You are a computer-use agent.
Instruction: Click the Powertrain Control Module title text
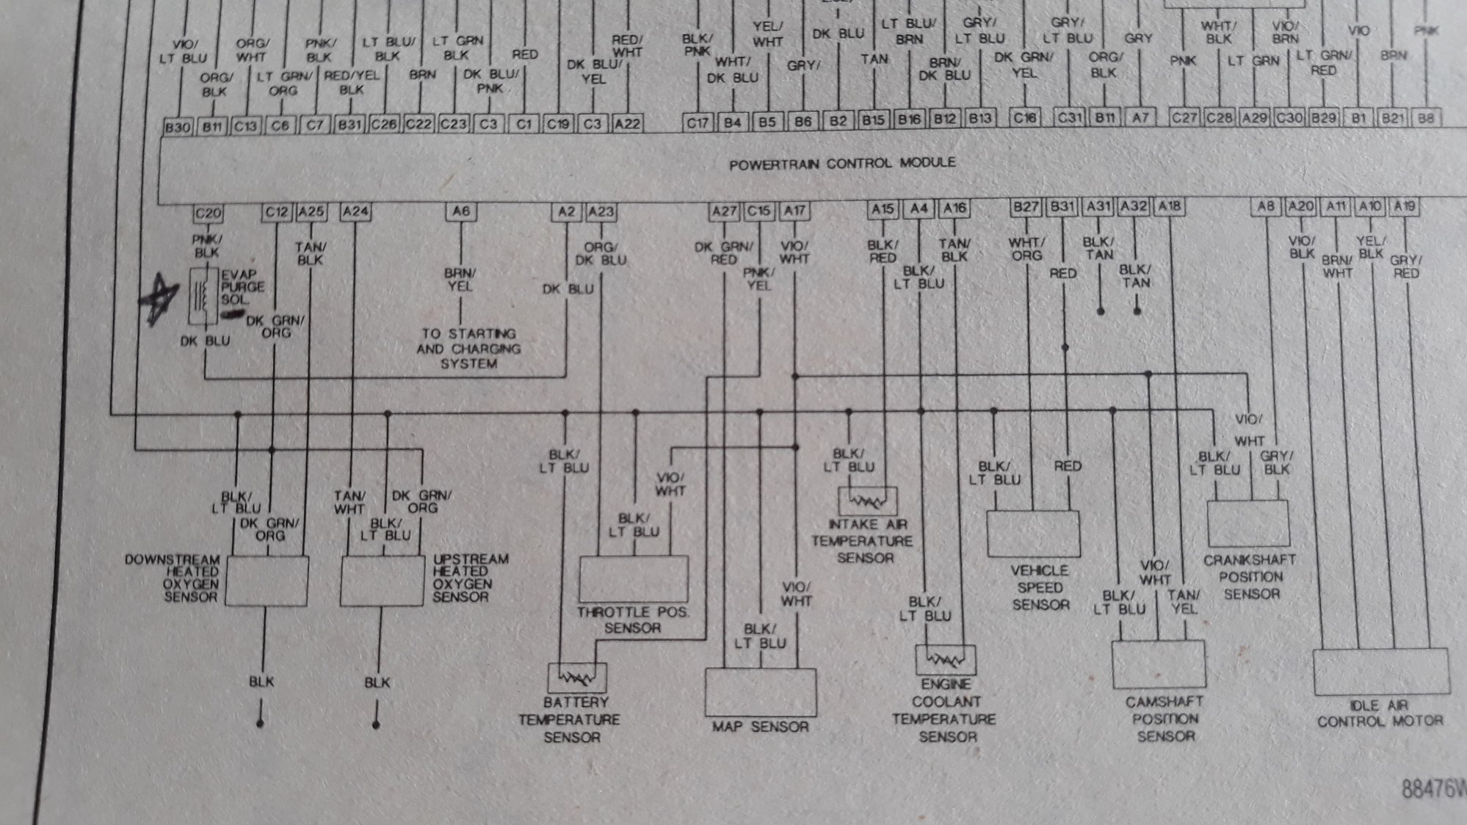(x=842, y=163)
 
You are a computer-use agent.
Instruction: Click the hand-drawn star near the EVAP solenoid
(x=159, y=298)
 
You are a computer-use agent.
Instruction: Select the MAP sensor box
(x=761, y=691)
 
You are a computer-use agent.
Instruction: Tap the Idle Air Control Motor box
(x=1380, y=672)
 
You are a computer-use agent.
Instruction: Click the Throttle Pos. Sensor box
(x=634, y=578)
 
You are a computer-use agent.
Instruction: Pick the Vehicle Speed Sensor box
(x=1033, y=534)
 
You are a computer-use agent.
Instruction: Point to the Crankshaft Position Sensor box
(x=1248, y=523)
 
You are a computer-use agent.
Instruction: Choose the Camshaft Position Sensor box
(x=1159, y=664)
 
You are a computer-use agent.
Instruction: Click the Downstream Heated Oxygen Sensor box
(x=267, y=581)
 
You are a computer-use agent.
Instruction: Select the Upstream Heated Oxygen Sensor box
(x=382, y=581)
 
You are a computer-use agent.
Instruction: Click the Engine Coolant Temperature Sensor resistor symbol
(x=945, y=660)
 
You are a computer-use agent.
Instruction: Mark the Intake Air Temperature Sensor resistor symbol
(x=867, y=501)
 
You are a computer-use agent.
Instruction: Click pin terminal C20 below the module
(x=208, y=213)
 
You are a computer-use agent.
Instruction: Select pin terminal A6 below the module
(x=460, y=211)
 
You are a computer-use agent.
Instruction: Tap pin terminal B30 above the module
(x=178, y=126)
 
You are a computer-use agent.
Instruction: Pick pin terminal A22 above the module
(x=627, y=124)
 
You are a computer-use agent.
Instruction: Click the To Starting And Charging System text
(x=468, y=349)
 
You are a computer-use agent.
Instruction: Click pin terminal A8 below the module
(x=1266, y=206)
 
